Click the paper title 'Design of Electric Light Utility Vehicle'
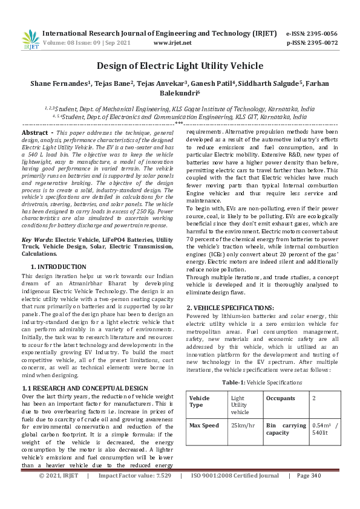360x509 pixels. pyautogui.click(x=180, y=66)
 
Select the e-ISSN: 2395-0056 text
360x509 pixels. pyautogui.click(x=312, y=33)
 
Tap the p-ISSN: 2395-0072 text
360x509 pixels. pyautogui.click(x=312, y=43)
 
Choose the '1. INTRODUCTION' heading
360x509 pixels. pyautogui.click(x=58, y=266)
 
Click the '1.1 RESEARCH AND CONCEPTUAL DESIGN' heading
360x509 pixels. pyautogui.click(x=84, y=371)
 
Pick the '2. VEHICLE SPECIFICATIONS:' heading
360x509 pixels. pyautogui.click(x=231, y=307)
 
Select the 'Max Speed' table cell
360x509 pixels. pyautogui.click(x=204, y=426)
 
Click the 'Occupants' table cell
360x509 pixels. pyautogui.click(x=281, y=398)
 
